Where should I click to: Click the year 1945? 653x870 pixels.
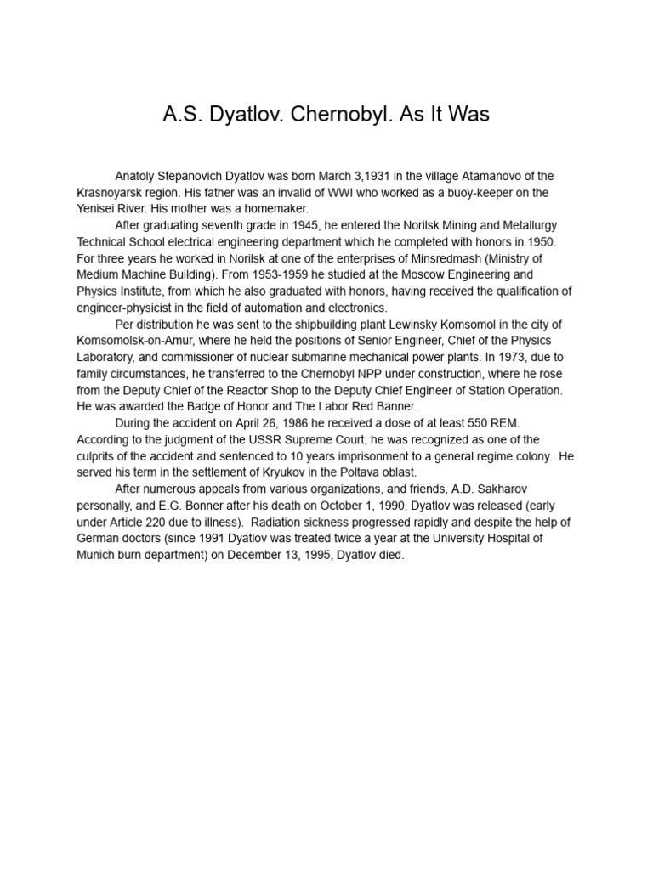coord(289,225)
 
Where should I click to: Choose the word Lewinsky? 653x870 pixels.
coord(365,325)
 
